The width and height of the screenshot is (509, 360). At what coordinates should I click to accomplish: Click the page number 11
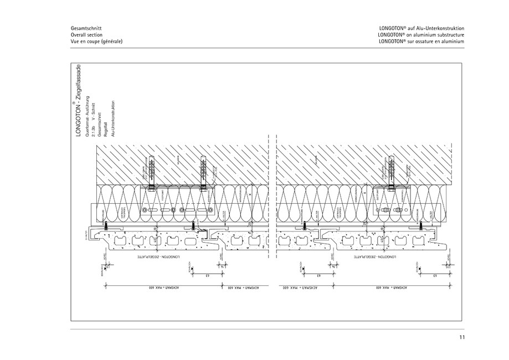pyautogui.click(x=461, y=338)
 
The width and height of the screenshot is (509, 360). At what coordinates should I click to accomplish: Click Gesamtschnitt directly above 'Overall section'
pyautogui.click(x=86, y=28)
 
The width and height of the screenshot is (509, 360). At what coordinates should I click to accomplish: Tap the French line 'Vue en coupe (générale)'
pyautogui.click(x=96, y=41)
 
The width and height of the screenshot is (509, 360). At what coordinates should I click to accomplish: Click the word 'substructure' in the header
pyautogui.click(x=449, y=34)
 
